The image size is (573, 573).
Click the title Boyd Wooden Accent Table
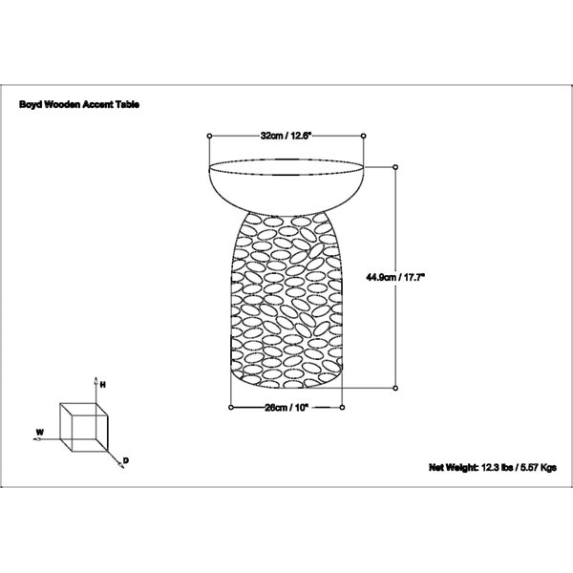[79, 104]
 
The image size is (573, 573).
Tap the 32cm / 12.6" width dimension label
[286, 136]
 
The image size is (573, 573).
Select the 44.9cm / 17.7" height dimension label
[395, 277]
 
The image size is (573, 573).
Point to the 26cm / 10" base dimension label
[286, 408]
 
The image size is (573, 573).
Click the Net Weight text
[493, 467]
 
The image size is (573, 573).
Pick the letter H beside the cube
[103, 385]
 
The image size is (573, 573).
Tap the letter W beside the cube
[40, 433]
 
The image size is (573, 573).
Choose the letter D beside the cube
[126, 460]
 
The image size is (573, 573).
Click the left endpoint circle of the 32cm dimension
[209, 136]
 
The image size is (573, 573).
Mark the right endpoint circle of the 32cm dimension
[363, 136]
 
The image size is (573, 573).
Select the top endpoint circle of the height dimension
[395, 167]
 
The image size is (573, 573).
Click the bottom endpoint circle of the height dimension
[395, 388]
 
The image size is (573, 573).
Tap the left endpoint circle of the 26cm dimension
[230, 407]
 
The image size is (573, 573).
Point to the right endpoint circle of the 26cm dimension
[342, 407]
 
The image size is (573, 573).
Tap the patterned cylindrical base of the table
[286, 301]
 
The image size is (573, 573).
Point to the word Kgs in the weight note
[548, 467]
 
